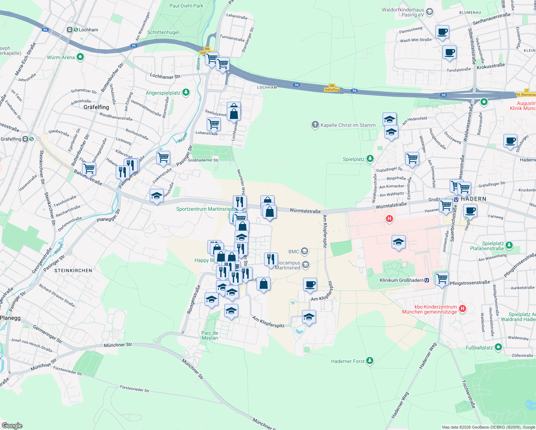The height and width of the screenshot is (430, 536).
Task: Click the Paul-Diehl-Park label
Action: (186, 6)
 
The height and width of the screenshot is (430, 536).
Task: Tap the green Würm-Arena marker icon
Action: (80, 57)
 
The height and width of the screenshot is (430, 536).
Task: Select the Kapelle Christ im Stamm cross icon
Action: (315, 125)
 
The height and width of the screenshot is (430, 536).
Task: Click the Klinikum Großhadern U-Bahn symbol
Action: (427, 280)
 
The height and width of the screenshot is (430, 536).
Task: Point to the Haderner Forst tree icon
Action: (370, 361)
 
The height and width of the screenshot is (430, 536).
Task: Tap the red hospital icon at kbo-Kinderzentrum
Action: (462, 309)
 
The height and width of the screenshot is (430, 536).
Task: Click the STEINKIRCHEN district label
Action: (73, 271)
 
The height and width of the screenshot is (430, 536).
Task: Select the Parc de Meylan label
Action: (210, 335)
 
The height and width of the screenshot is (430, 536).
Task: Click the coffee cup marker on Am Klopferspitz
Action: (310, 285)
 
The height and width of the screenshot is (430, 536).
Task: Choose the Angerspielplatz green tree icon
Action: (186, 92)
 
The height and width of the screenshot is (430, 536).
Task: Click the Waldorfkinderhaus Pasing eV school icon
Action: (429, 12)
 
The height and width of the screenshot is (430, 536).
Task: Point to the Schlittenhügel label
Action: (163, 32)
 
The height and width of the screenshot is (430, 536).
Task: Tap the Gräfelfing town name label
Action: (96, 107)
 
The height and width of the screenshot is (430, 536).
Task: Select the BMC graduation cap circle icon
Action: (304, 251)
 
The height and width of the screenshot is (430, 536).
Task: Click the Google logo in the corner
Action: (12, 425)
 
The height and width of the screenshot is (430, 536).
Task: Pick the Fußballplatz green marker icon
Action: (498, 347)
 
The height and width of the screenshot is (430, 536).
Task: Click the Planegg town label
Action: (10, 318)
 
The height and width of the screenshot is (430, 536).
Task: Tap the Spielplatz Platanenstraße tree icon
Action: (509, 245)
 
